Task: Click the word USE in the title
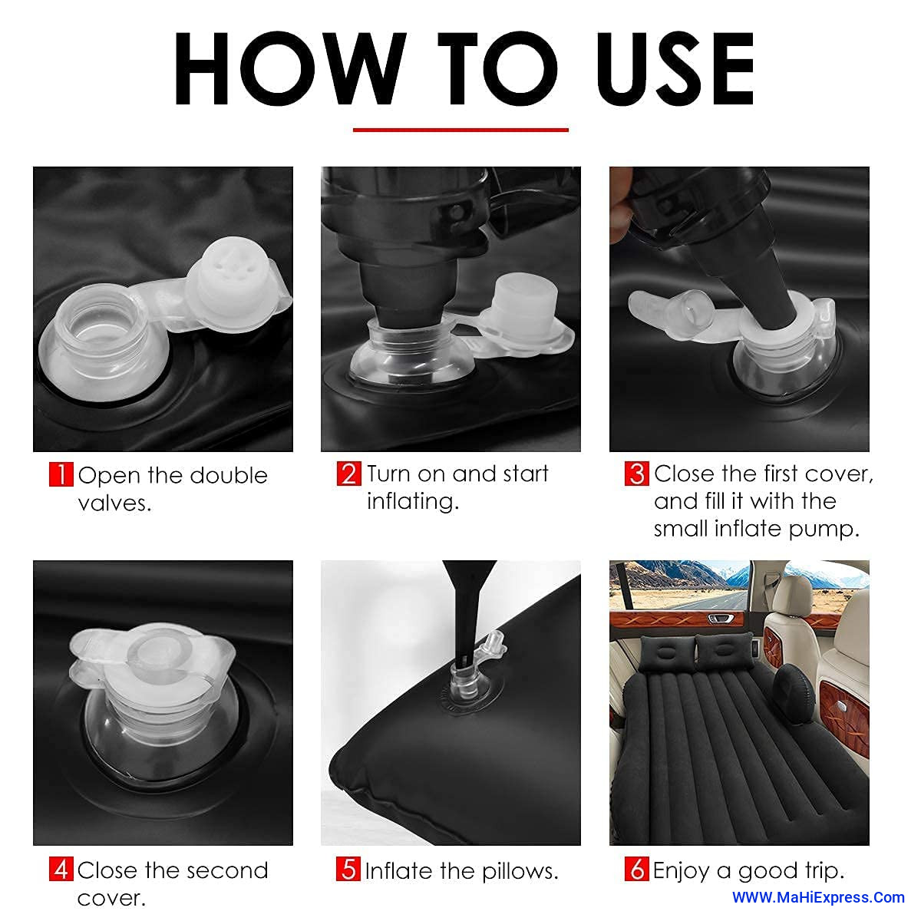675,68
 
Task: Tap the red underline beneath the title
460,130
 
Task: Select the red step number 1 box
61,474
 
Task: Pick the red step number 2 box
349,474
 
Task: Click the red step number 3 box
636,474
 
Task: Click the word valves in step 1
114,503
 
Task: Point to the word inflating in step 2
412,502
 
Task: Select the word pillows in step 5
520,871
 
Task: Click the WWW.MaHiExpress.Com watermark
818,897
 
